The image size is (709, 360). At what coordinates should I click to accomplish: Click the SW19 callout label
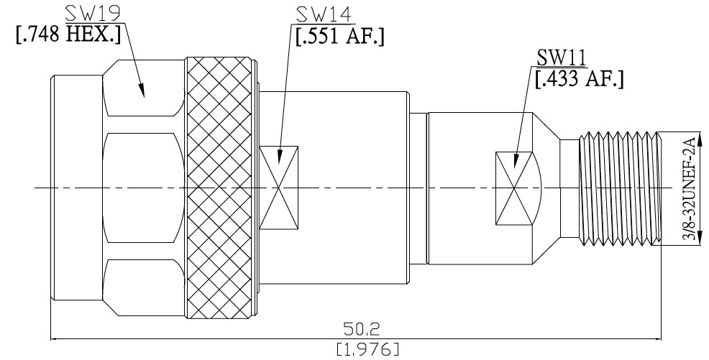point(93,14)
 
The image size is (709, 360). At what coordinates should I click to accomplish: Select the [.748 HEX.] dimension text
point(68,34)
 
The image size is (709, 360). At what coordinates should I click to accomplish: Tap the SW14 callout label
point(324,15)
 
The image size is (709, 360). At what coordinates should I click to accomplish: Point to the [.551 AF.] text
point(339,36)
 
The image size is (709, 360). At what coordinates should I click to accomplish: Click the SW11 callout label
point(562,57)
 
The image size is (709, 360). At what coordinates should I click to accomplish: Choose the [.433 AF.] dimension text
point(580,78)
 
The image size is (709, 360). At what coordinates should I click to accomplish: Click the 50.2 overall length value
point(362,329)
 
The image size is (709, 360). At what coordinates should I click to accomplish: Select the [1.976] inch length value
point(367,349)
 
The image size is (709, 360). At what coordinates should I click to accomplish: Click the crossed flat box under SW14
point(279,188)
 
